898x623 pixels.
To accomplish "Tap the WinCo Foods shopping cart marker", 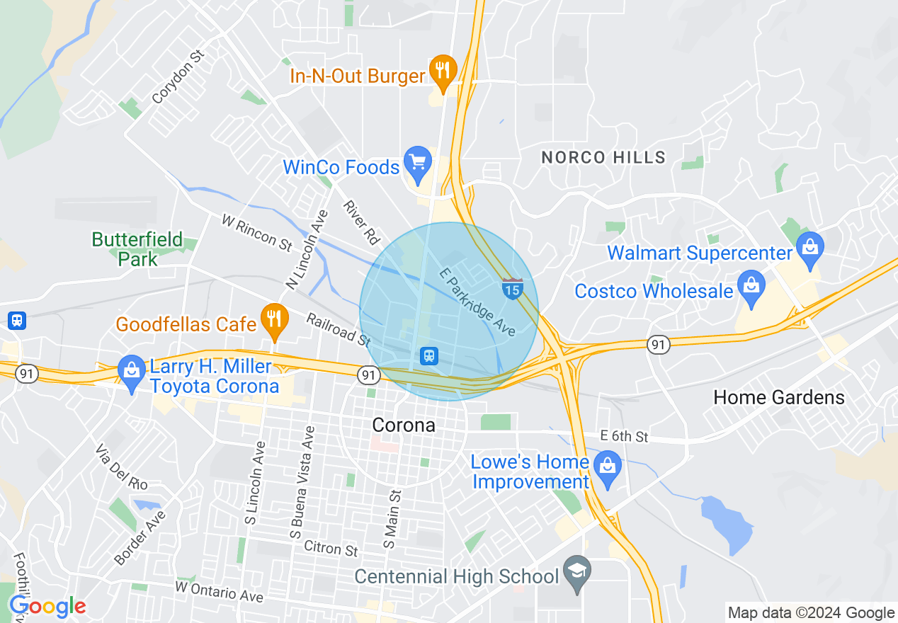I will point(417,164).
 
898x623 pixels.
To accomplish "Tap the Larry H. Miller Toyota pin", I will point(131,372).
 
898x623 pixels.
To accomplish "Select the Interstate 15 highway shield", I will point(513,288).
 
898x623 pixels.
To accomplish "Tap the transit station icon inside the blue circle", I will point(428,355).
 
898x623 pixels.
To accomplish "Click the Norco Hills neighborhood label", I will point(603,157).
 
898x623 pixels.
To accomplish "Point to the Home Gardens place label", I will point(779,397).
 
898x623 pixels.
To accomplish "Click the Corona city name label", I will point(404,425).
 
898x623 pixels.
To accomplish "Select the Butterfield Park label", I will point(137,249).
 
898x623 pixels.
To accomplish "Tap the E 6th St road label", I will point(624,436).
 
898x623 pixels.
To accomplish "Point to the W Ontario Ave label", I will point(220,592).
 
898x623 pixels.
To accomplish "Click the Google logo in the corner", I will point(47,607).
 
